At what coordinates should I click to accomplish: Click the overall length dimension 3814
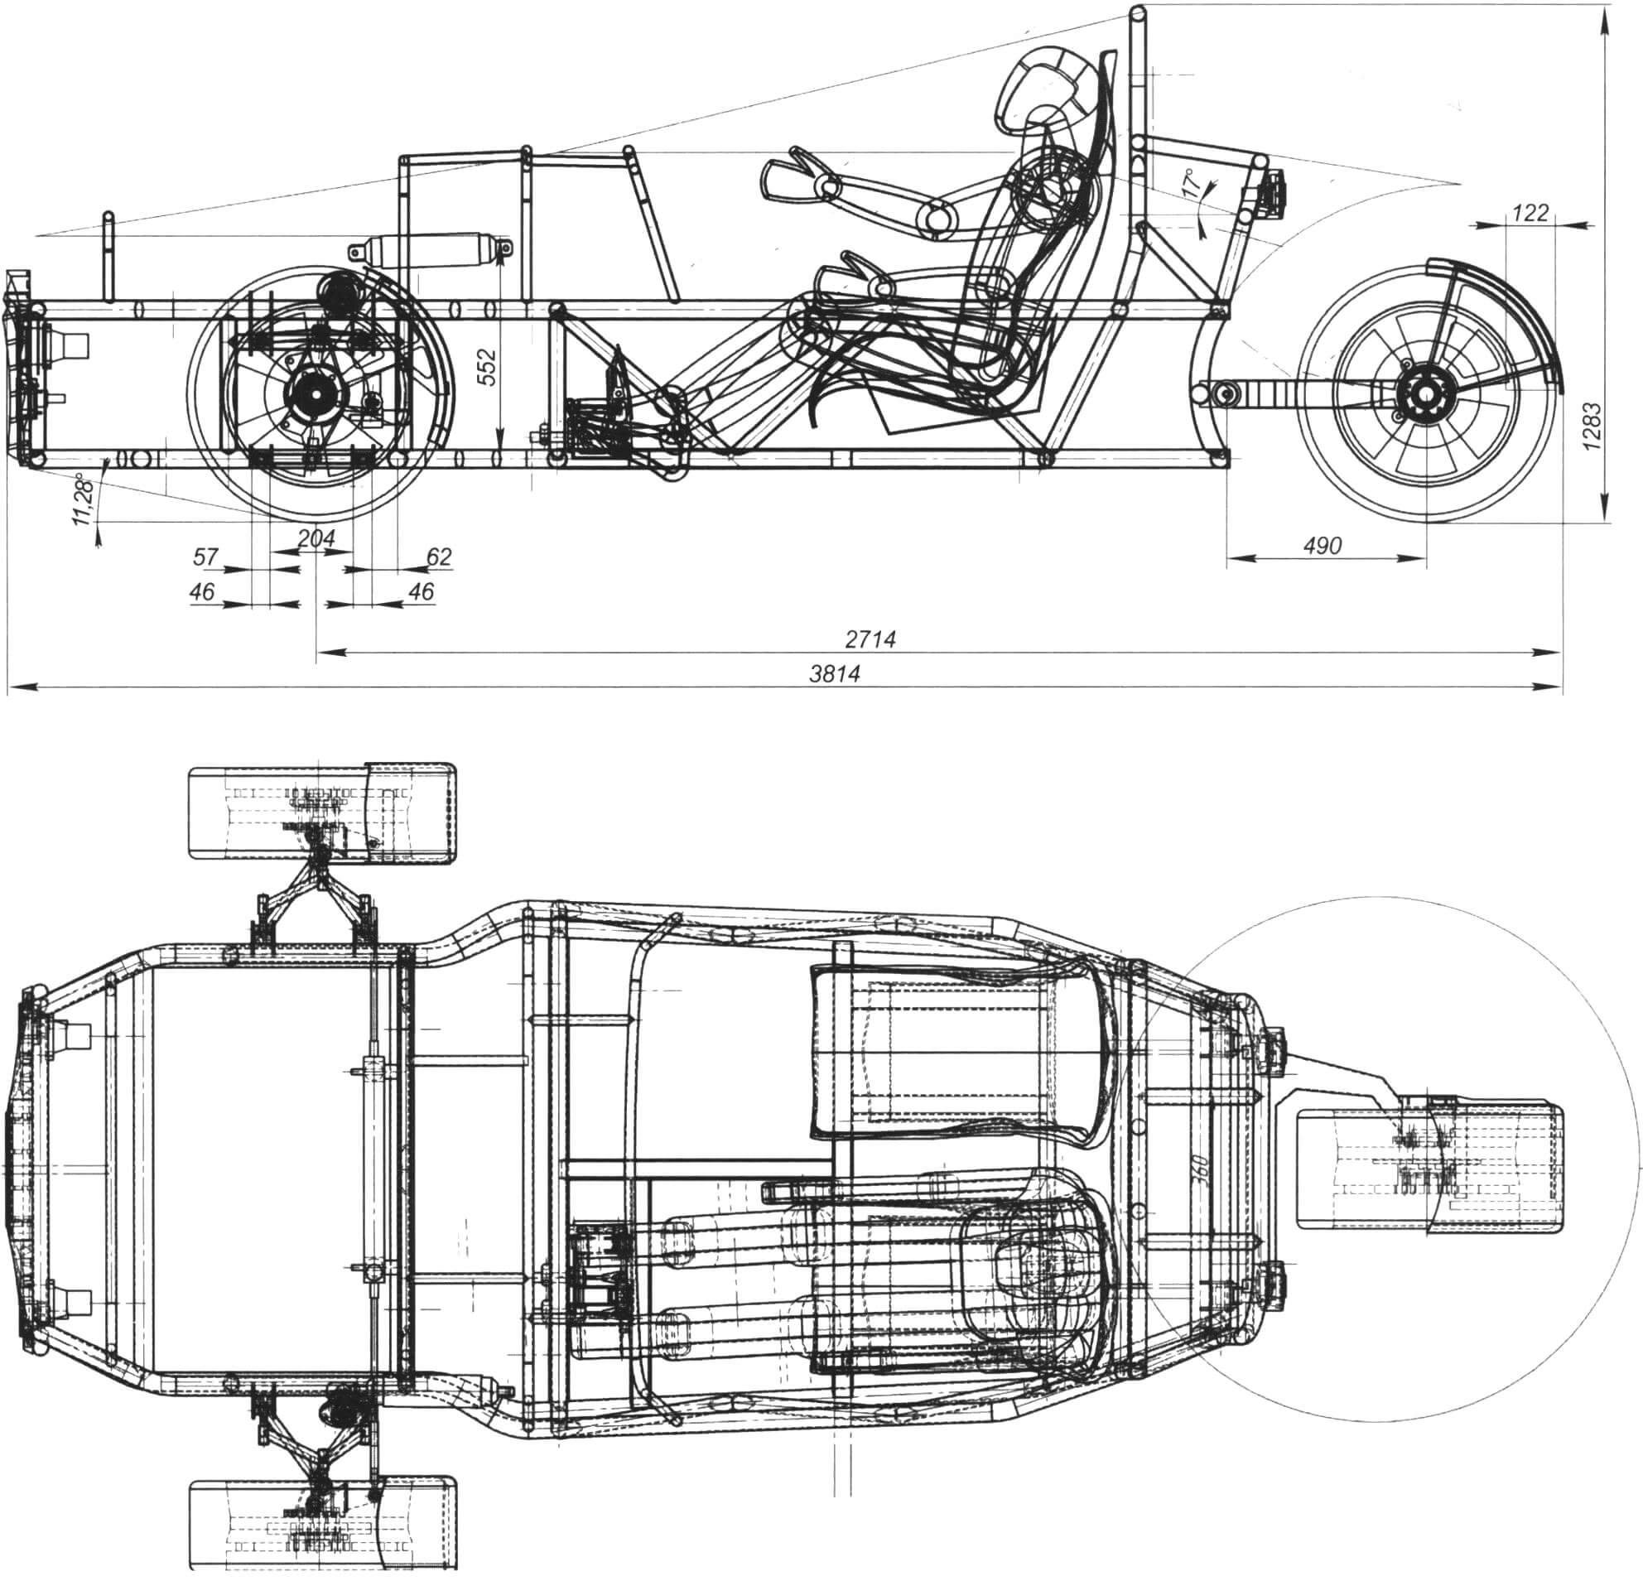pos(835,673)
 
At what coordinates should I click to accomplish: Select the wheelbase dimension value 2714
pos(870,639)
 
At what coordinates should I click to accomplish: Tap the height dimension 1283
pos(1592,427)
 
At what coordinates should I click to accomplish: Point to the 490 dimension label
pos(1323,546)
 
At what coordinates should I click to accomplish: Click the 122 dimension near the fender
pos(1530,213)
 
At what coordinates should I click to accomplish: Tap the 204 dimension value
pos(316,538)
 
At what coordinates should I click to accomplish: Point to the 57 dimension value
pos(206,556)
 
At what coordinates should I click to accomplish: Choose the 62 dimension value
pos(438,557)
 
